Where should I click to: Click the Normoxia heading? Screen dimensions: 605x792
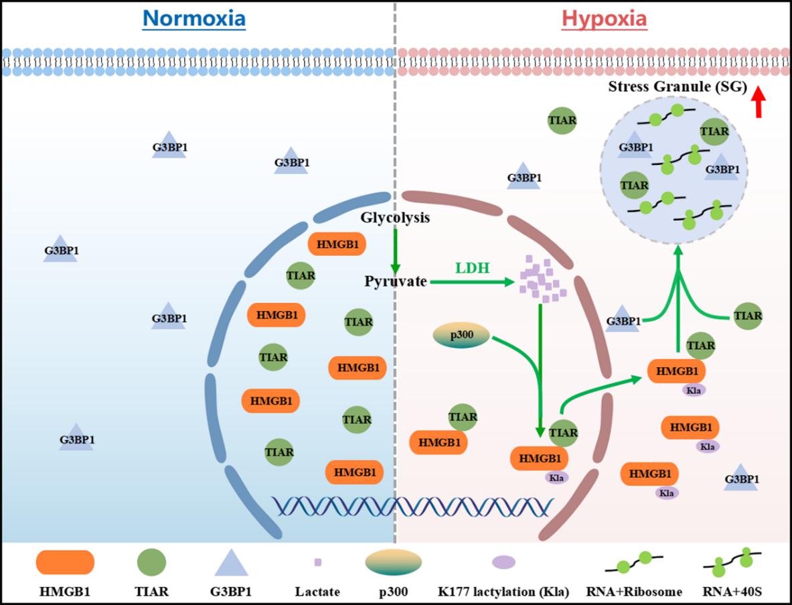tap(193, 19)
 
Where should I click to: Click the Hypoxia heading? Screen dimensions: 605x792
tap(604, 19)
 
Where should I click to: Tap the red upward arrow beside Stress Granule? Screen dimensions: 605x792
tap(758, 103)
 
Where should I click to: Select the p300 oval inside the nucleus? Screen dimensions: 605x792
tap(460, 336)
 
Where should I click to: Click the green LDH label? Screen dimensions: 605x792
tap(473, 268)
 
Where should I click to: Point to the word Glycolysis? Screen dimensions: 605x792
tap(395, 218)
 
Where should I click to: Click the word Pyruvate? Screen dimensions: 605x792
tap(396, 281)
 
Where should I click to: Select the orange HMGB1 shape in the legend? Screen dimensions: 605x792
tap(65, 562)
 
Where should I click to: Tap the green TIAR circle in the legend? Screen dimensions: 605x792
tap(151, 561)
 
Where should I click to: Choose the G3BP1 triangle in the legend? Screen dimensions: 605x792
tap(230, 563)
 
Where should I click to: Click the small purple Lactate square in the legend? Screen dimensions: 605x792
tap(318, 562)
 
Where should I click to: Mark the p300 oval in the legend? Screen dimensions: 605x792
tap(394, 562)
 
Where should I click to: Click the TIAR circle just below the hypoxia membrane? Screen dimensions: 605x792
tap(562, 120)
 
